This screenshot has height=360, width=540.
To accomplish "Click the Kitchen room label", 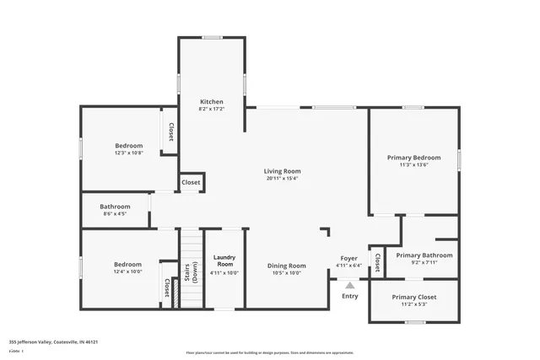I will (211, 102).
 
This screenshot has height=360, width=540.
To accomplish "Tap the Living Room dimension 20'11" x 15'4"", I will (283, 178).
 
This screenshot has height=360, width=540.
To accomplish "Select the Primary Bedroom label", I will (413, 158).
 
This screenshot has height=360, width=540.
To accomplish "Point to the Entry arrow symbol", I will (350, 286).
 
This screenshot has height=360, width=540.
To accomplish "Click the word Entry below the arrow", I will (350, 296).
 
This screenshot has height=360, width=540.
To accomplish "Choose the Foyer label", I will (348, 258).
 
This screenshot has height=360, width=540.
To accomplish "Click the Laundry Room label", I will (224, 261).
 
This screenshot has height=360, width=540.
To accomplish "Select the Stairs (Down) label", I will (190, 272).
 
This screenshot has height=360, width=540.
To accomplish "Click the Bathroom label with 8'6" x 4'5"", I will (115, 207).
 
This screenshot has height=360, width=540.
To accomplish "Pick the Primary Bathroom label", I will (424, 255).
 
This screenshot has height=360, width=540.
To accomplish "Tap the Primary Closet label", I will (414, 297).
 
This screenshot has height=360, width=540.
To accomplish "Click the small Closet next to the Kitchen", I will (191, 182).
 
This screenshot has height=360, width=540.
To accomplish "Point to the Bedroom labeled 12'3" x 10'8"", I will (128, 146).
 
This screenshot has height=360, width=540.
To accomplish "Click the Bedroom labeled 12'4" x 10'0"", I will (127, 264).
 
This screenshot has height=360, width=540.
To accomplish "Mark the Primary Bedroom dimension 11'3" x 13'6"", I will (413, 165).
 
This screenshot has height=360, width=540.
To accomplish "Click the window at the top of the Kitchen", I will (212, 37).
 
